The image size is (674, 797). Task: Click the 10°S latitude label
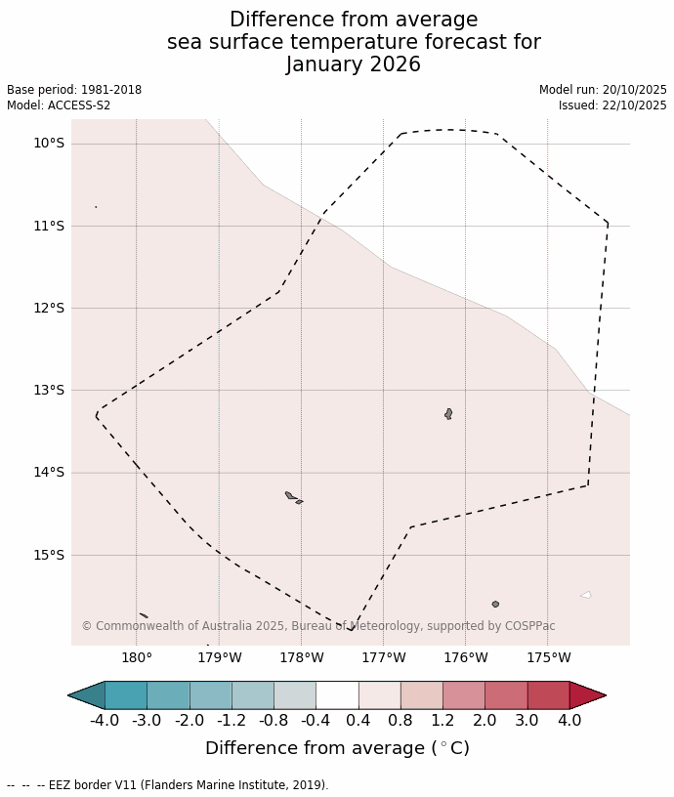(48, 144)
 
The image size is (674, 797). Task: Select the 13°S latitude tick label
(48, 391)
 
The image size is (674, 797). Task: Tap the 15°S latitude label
(48, 555)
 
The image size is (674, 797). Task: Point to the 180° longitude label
(136, 657)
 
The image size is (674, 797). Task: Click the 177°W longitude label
(383, 657)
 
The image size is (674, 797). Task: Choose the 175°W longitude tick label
(548, 657)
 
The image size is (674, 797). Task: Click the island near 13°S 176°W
(448, 414)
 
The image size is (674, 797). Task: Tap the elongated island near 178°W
(291, 496)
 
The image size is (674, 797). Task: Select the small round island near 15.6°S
(495, 605)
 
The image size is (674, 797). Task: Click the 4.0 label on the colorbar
(569, 721)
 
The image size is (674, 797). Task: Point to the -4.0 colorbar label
(105, 721)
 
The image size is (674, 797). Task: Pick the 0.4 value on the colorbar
(358, 721)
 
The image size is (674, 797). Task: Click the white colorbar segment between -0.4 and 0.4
(337, 695)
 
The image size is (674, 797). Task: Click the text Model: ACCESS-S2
(59, 105)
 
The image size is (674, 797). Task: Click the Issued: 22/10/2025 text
(612, 105)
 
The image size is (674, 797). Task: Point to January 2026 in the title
(354, 64)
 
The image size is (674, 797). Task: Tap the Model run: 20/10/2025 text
(603, 90)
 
